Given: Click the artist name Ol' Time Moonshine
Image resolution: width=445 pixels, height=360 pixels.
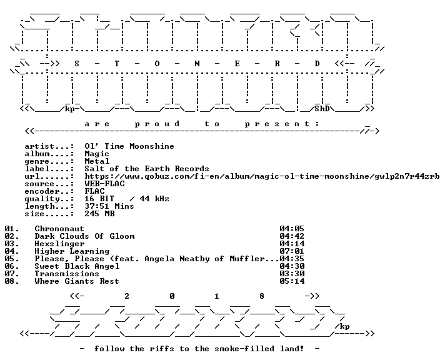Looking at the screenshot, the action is coord(129,146).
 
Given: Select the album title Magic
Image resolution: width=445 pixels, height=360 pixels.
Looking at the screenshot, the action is coord(97,154).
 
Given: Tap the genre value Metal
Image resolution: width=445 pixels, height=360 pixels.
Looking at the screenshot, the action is coord(97,161).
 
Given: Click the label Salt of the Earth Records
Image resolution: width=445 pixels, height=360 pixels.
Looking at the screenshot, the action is coord(147,169).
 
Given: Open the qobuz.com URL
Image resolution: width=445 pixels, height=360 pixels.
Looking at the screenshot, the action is coord(262,176).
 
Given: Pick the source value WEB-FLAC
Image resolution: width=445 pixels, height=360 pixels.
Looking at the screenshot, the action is coord(104,184).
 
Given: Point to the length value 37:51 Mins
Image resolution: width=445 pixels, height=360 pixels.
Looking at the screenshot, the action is coord(109,206).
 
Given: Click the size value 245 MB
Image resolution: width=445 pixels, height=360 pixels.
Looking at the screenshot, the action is coord(99,214).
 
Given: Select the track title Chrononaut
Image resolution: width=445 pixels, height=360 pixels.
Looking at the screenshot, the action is coord(59,229).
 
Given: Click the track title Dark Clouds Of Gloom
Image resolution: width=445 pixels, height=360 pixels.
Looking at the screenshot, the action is coord(84,236).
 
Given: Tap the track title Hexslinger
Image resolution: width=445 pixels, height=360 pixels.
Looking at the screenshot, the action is coord(59,244).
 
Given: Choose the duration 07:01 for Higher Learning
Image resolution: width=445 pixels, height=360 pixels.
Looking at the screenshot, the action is coord(292,251).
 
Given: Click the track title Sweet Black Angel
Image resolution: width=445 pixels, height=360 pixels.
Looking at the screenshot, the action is coord(77,266).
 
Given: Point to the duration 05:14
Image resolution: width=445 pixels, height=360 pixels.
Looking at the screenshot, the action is coord(292,281).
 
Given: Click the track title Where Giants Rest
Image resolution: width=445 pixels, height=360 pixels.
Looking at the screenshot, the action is coord(77,281).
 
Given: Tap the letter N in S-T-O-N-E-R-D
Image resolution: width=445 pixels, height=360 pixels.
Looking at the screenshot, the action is coord(197,64).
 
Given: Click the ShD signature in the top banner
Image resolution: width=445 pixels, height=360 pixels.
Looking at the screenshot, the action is coord(322,109).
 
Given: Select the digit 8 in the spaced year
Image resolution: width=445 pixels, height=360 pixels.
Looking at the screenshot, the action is coord(262,296).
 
